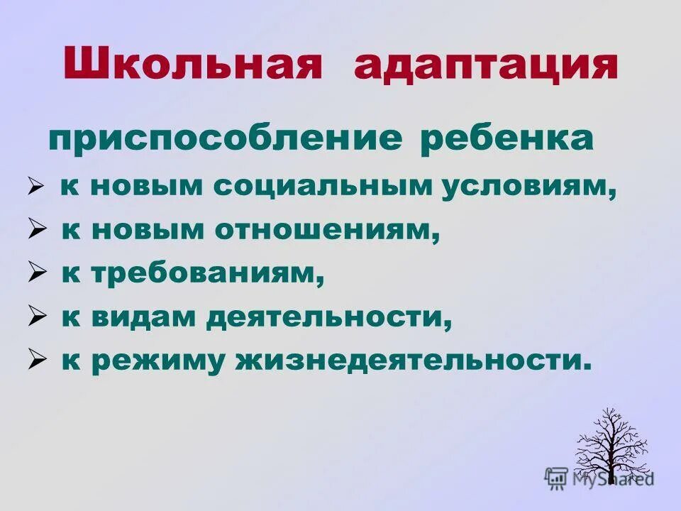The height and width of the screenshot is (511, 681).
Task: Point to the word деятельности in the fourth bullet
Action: click(329, 318)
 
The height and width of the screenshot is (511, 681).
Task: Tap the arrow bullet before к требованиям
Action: click(37, 273)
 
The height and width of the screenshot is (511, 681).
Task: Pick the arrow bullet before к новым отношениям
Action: click(37, 230)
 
